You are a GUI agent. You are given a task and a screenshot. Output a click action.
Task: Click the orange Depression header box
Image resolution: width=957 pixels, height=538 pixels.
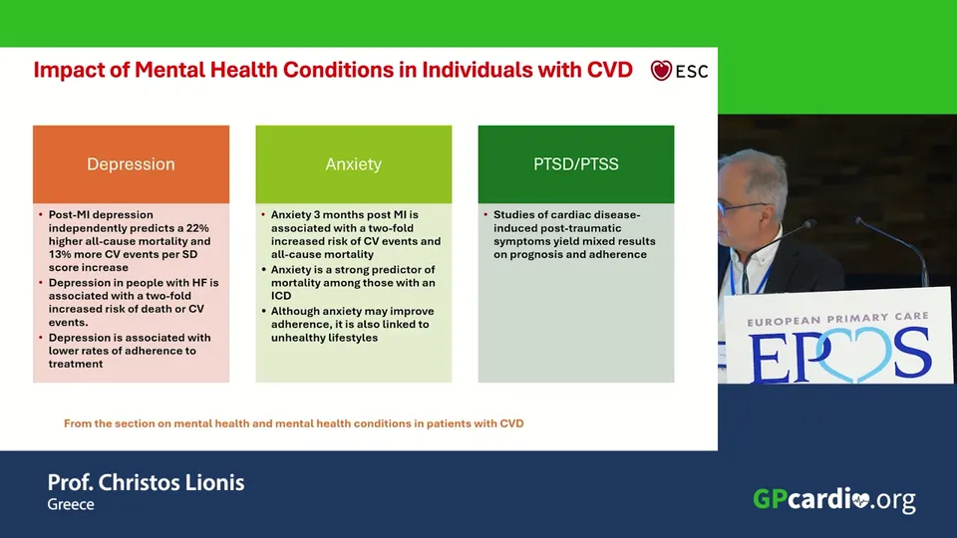coord(132,164)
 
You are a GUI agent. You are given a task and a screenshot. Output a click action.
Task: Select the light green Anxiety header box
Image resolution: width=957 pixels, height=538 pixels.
coord(353,164)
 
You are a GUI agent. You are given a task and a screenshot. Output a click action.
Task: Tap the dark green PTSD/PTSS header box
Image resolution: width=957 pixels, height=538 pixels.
coord(576,164)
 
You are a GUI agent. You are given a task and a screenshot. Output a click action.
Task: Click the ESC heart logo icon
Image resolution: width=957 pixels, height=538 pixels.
coord(661,71)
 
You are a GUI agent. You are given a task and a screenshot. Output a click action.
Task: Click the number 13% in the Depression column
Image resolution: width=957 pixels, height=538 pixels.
coord(60,254)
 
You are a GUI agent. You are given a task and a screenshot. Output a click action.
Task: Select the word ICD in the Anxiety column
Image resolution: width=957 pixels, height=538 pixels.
coord(281,296)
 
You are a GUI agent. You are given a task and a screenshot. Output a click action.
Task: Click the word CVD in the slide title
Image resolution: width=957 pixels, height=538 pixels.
coord(610,70)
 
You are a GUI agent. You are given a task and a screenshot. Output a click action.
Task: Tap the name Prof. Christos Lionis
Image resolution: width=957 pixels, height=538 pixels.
coord(146,482)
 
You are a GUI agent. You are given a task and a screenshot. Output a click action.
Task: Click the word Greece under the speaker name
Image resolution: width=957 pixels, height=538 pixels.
coord(71,504)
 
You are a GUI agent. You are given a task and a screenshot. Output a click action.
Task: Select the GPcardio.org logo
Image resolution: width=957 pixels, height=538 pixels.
coord(834,499)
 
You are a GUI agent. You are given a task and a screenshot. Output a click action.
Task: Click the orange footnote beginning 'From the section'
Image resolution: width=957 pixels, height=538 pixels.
coord(293,423)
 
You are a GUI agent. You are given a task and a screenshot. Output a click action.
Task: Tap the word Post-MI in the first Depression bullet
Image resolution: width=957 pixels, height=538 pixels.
coord(69,215)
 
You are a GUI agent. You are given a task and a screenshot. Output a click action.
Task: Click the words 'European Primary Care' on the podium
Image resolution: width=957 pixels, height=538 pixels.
coord(838,319)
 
